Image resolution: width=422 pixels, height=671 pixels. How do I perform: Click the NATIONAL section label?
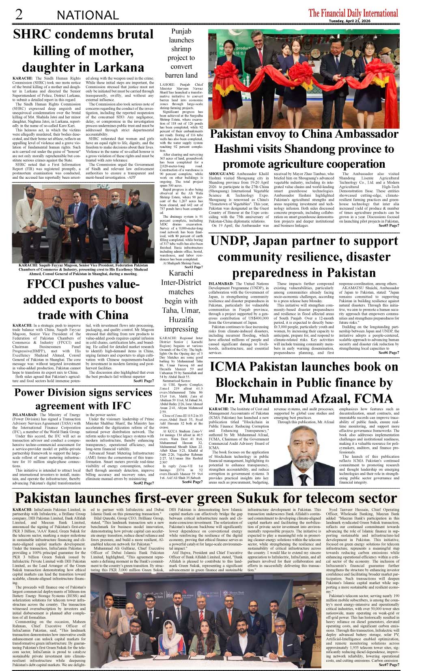(x=88, y=15)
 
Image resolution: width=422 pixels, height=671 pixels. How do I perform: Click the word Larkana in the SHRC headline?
(x=120, y=67)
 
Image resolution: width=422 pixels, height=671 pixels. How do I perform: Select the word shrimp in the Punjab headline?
(x=181, y=49)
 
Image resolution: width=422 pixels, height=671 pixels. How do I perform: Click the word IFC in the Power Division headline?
(x=119, y=406)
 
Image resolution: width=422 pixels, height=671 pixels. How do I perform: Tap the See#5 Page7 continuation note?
(x=389, y=225)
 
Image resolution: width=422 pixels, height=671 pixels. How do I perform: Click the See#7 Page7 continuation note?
(x=389, y=665)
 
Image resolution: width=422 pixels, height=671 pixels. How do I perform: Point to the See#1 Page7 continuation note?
(x=144, y=381)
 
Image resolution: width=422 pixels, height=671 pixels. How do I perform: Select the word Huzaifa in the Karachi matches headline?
(x=181, y=320)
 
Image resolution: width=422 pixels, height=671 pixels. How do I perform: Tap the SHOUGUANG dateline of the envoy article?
(x=222, y=174)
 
